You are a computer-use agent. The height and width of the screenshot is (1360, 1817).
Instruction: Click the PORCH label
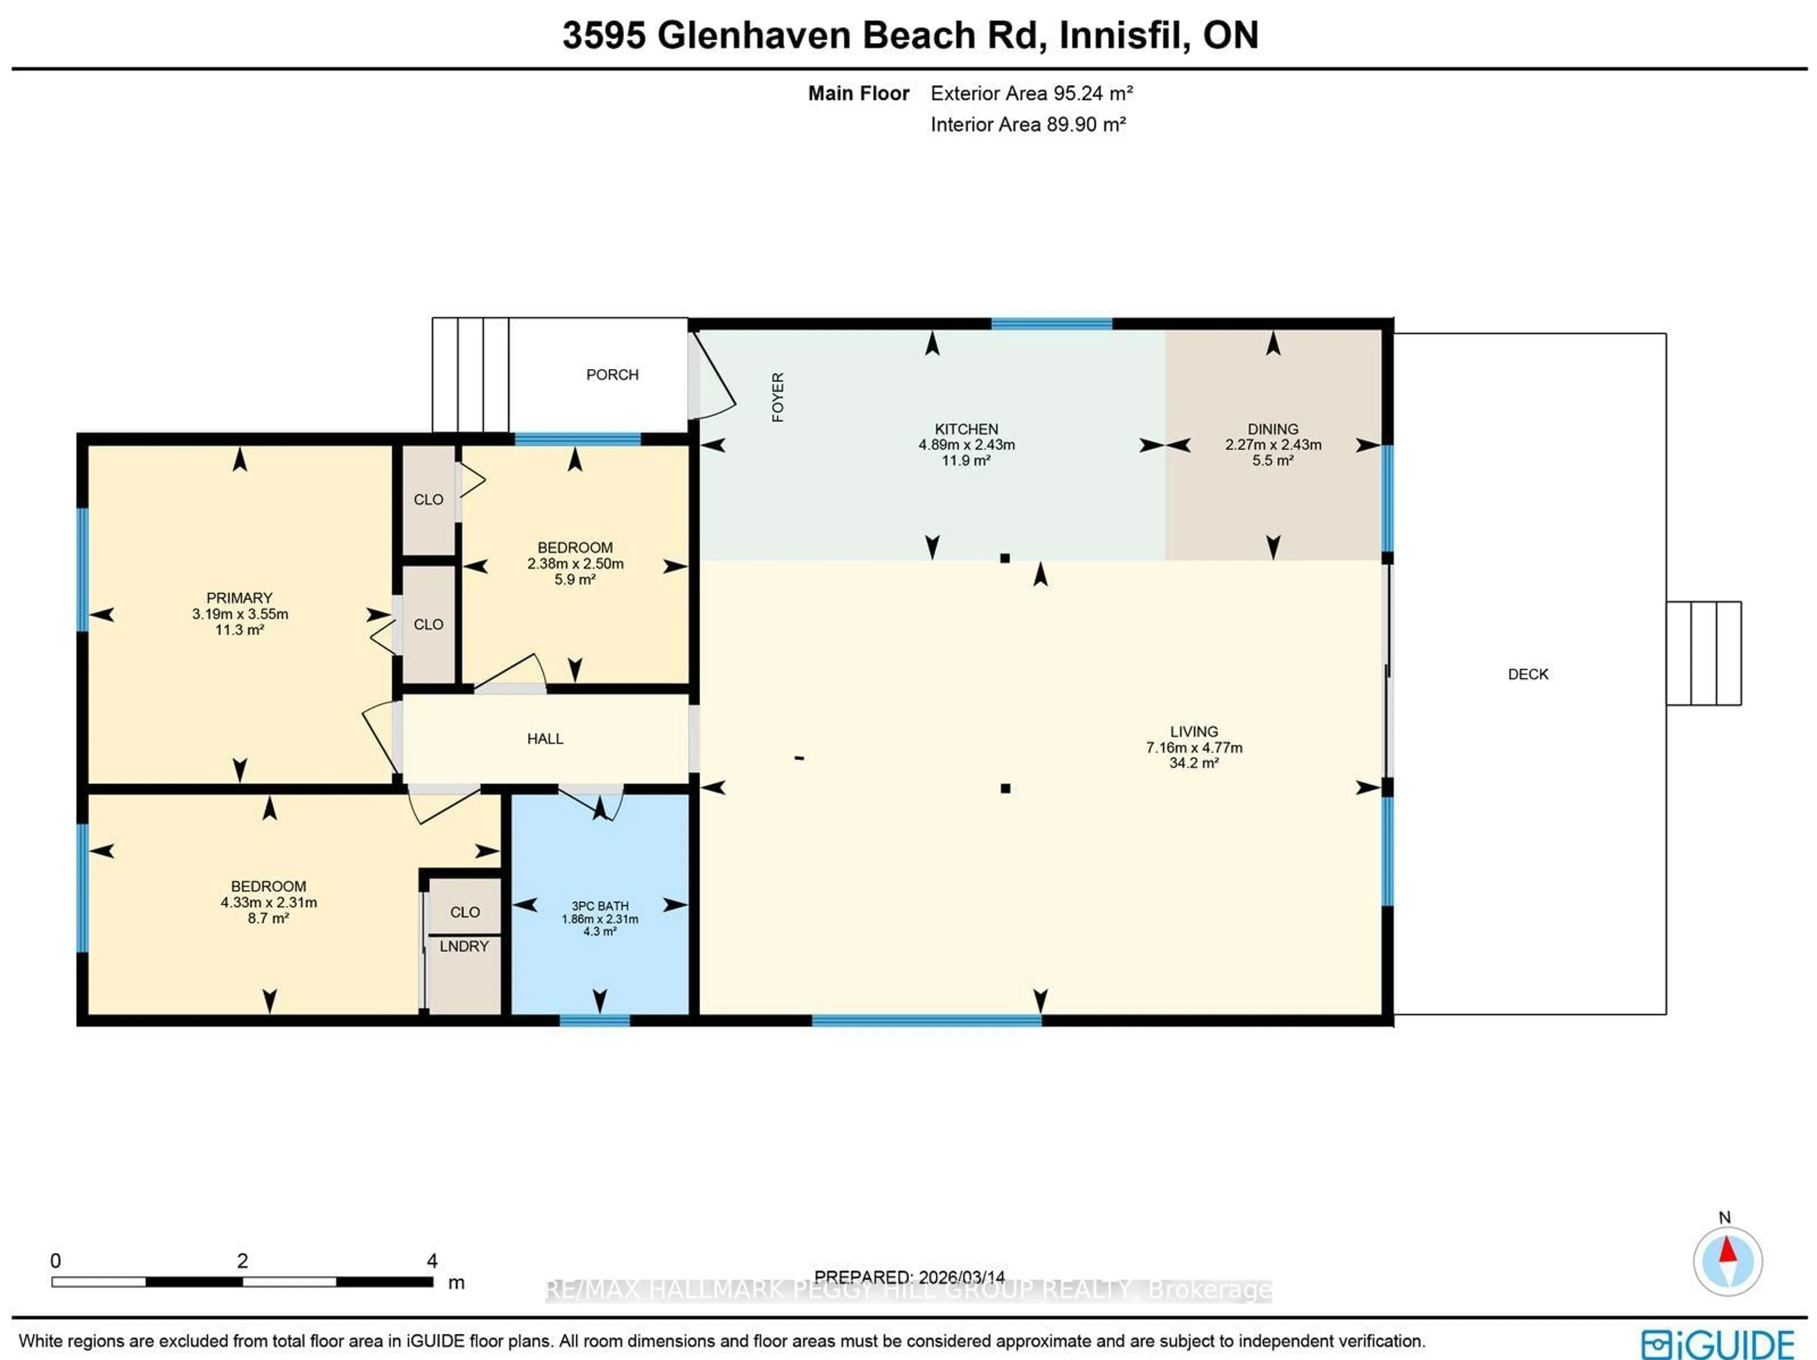click(x=612, y=375)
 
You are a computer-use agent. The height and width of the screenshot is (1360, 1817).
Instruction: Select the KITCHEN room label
click(x=966, y=429)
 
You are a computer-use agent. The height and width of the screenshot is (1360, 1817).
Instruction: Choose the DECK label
click(x=1528, y=674)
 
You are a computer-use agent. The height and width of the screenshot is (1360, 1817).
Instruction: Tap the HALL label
click(x=545, y=739)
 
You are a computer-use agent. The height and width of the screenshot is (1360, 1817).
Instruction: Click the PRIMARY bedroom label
click(x=239, y=598)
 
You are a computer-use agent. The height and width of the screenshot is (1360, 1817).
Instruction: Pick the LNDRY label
click(x=464, y=946)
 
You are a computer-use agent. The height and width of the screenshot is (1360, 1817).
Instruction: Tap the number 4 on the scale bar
click(x=432, y=1261)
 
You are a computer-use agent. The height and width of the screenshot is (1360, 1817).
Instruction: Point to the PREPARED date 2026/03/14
click(x=961, y=1277)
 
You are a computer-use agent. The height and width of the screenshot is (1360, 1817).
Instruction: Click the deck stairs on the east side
click(x=1703, y=653)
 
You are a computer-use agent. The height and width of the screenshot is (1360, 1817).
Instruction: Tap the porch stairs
click(x=470, y=375)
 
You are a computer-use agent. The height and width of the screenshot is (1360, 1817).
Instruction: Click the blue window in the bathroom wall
click(x=595, y=1020)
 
